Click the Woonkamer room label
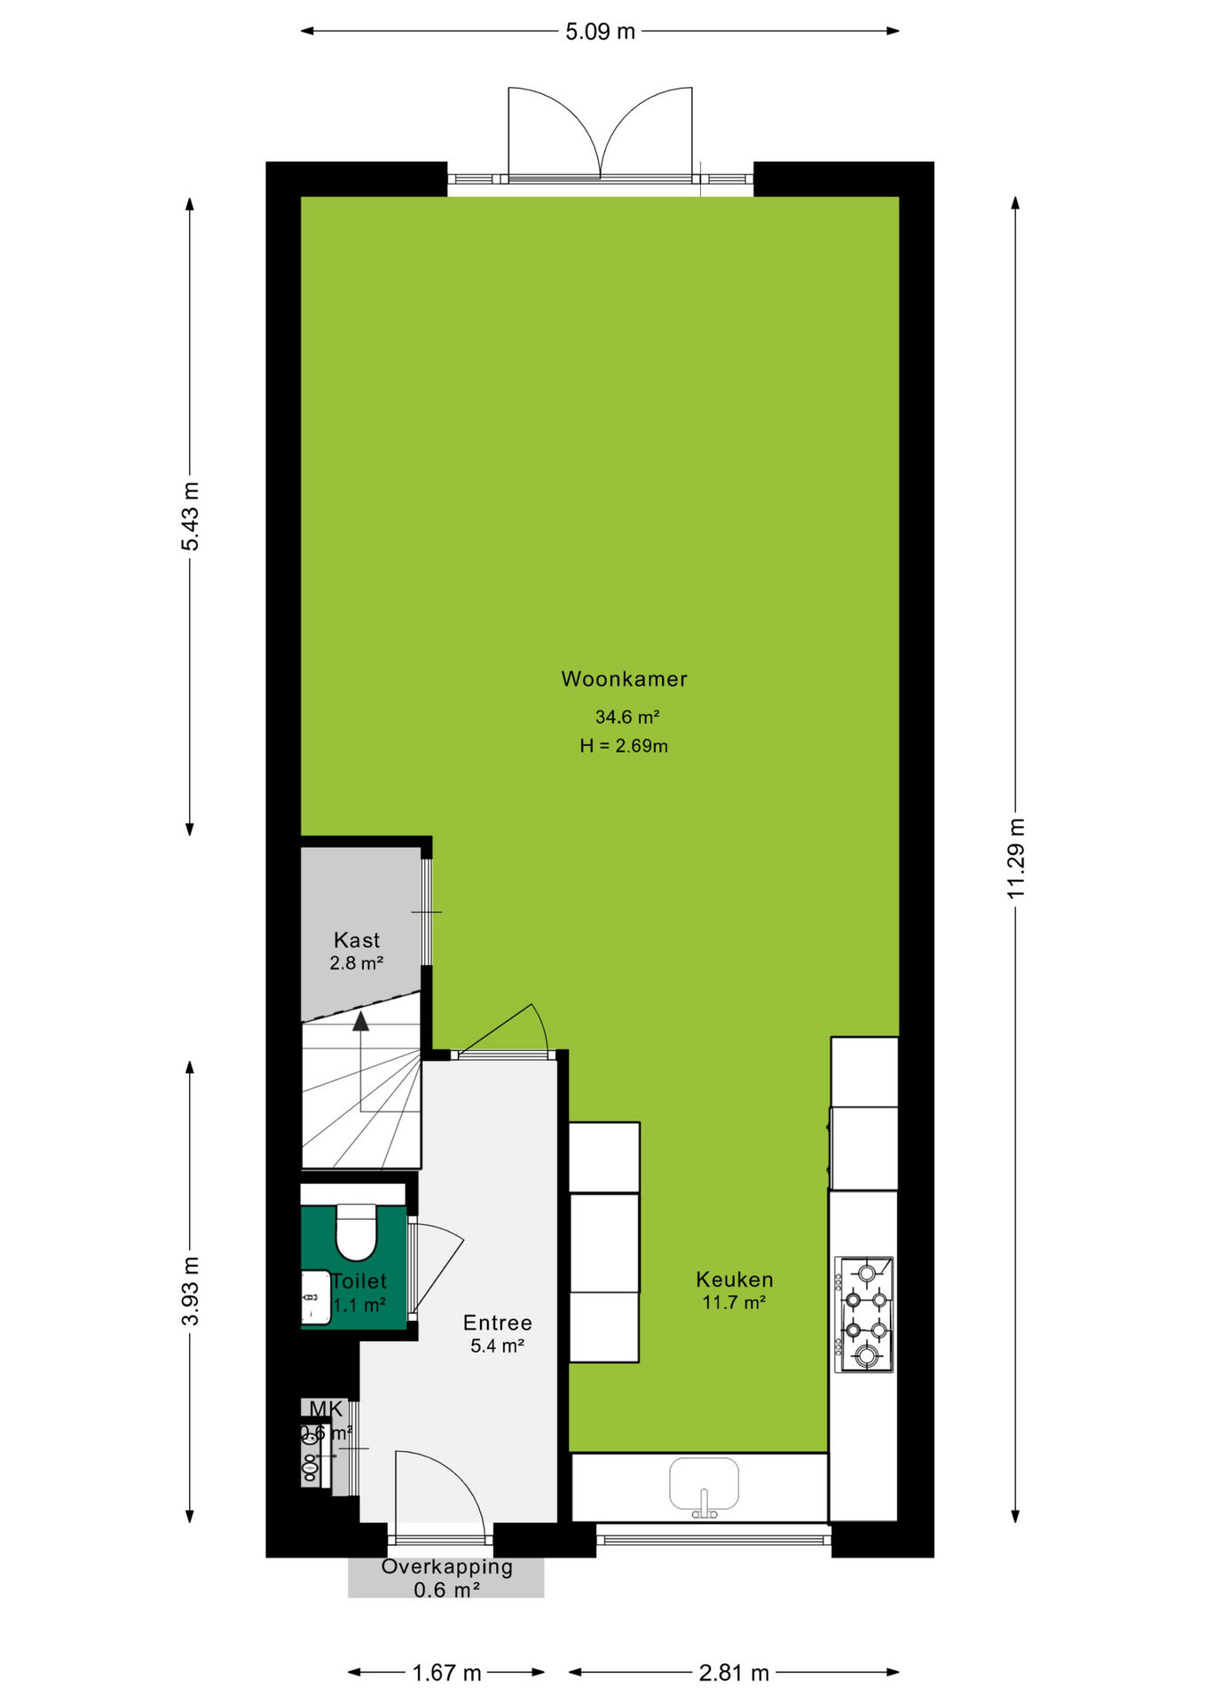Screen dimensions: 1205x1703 pos(624,679)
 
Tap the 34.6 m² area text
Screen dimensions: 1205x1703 pos(627,717)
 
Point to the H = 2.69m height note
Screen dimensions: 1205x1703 pos(624,746)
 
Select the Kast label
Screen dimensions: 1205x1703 pos(357,940)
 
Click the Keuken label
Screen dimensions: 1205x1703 pos(735,1280)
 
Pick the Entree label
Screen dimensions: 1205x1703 pos(498,1323)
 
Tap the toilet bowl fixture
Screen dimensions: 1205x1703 pos(357,1232)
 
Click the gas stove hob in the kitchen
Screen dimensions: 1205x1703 pos(864,1315)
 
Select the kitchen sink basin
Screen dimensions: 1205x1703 pos(704,1484)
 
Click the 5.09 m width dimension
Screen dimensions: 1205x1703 pos(601,32)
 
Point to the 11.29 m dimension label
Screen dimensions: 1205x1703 pos(1016,859)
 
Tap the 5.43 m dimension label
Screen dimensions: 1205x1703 pos(190,516)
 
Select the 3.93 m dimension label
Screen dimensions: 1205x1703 pos(190,1291)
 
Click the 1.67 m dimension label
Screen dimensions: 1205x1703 pos(446,1673)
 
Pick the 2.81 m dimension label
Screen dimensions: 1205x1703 pos(734,1673)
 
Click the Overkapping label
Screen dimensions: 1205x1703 pos(447,1567)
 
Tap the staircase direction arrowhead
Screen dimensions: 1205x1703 pos(360,1022)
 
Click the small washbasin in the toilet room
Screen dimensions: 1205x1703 pos(316,1298)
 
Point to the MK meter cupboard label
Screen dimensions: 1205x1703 pos(326,1409)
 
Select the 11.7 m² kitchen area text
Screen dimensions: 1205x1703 pos(734,1303)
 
